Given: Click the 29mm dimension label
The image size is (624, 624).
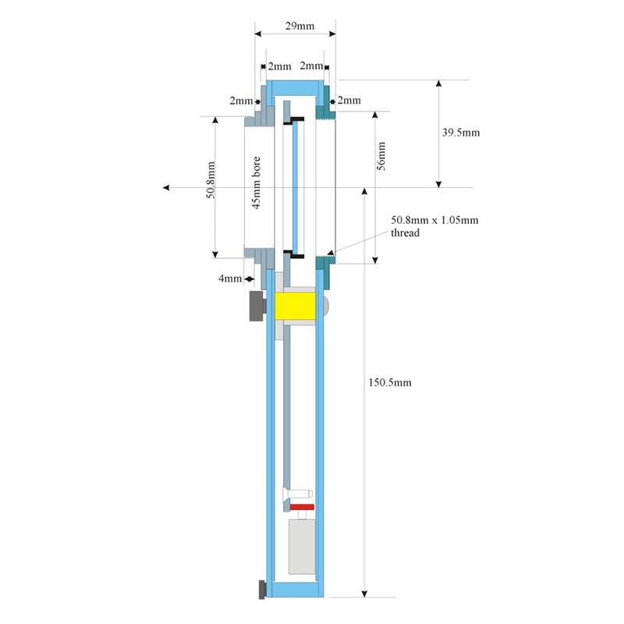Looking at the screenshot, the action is pyautogui.click(x=300, y=27).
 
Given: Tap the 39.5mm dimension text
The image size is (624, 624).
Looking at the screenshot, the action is pyautogui.click(x=461, y=133).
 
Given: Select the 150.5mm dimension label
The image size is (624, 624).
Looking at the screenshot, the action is pyautogui.click(x=389, y=382).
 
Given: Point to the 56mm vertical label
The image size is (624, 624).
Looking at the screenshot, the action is pyautogui.click(x=381, y=156).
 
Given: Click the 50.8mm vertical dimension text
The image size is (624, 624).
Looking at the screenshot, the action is pyautogui.click(x=211, y=180).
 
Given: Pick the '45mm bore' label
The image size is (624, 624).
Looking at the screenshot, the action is pyautogui.click(x=257, y=183).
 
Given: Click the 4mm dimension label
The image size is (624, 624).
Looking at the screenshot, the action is pyautogui.click(x=230, y=278).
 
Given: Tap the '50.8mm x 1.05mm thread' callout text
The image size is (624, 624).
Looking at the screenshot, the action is pyautogui.click(x=434, y=226).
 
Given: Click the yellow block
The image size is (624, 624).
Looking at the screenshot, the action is pyautogui.click(x=295, y=306).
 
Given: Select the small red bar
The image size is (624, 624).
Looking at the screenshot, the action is pyautogui.click(x=302, y=507).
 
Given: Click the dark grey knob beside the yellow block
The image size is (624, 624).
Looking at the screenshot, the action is pyautogui.click(x=257, y=306).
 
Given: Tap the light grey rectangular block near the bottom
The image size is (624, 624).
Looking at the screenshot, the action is pyautogui.click(x=302, y=547).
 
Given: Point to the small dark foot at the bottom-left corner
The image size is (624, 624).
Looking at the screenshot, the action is pyautogui.click(x=263, y=590).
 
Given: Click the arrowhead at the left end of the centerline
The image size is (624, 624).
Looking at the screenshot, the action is pyautogui.click(x=166, y=187).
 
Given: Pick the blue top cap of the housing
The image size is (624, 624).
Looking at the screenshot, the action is pyautogui.click(x=295, y=88).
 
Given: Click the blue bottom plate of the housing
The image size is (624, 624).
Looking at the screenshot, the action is pyautogui.click(x=295, y=590).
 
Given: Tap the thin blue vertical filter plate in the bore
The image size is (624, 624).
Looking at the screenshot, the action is pyautogui.click(x=295, y=186).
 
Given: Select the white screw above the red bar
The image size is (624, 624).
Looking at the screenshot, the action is pyautogui.click(x=297, y=495).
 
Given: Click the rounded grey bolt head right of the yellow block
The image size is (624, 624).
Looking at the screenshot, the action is pyautogui.click(x=327, y=306).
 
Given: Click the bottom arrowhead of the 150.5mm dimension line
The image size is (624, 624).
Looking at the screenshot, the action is pyautogui.click(x=364, y=594).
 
